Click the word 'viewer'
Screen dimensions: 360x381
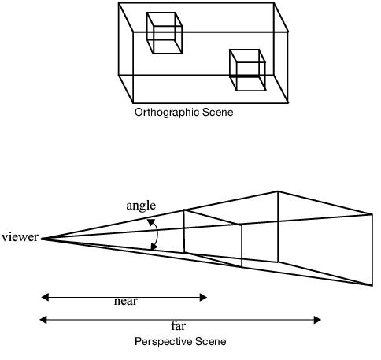(20, 237)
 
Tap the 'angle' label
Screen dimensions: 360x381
(141, 206)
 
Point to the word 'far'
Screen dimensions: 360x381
(179, 324)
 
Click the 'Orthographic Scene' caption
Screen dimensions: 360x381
(184, 112)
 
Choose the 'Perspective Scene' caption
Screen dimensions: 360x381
(180, 341)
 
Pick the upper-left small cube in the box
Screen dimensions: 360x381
(164, 34)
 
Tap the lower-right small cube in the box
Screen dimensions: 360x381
(246, 71)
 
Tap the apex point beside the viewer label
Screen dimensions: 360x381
(42, 238)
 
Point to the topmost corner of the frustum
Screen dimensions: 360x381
(277, 191)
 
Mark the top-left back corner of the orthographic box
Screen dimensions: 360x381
(119, 3)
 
